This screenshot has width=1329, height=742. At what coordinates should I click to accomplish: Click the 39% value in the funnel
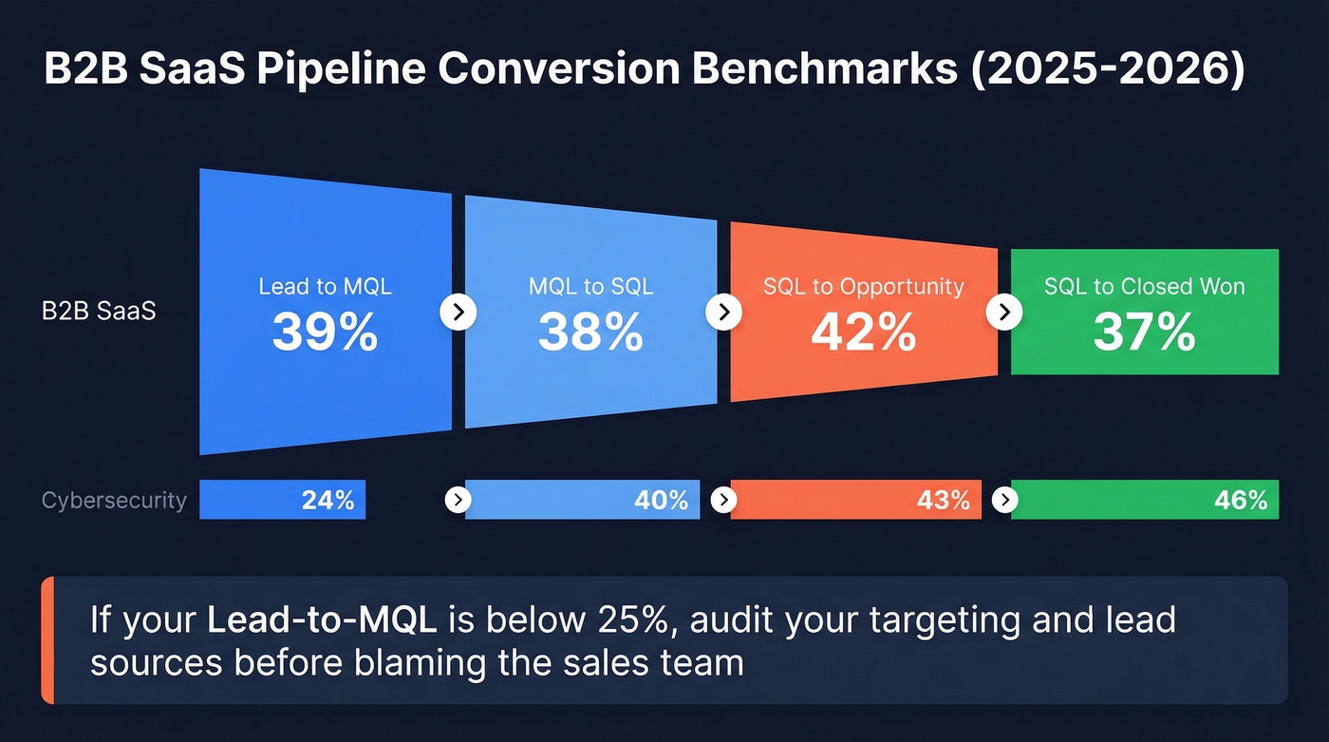point(325,333)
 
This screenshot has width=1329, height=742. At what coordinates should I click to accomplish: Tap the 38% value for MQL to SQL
point(590,333)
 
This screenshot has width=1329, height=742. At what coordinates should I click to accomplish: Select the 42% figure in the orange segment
point(863,333)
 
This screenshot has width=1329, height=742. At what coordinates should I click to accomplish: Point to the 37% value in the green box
point(1144,333)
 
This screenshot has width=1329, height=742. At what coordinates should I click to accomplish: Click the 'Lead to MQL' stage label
point(325,286)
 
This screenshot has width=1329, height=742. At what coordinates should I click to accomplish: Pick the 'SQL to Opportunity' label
point(863,286)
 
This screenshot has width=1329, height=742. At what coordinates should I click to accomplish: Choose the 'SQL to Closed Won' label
point(1144,286)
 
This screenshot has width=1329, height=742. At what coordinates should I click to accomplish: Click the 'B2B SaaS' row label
point(99,311)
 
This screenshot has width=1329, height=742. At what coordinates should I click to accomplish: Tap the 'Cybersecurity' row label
point(114,500)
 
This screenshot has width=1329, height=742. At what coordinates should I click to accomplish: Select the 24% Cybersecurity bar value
point(328,500)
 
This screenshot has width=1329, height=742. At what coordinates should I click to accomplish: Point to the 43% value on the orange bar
point(944,500)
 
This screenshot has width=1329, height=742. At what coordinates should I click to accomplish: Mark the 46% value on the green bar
point(1241,500)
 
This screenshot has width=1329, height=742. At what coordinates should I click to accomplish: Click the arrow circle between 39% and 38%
point(459,311)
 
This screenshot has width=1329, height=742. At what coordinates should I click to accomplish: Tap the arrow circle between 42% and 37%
point(1004,311)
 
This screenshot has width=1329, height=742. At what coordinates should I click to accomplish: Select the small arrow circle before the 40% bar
point(458,500)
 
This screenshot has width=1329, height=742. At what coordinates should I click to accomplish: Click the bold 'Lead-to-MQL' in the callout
point(322,620)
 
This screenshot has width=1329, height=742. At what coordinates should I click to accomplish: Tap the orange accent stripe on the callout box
point(47,640)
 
